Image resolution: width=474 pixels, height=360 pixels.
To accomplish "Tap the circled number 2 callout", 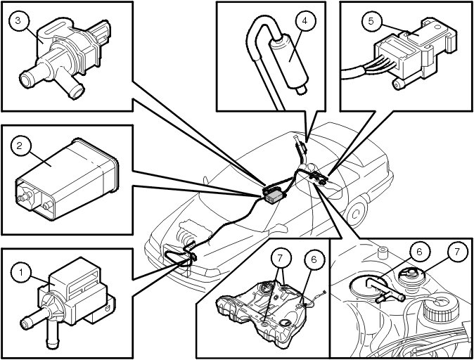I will [22, 146].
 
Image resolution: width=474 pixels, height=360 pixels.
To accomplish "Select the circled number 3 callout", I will [19, 20].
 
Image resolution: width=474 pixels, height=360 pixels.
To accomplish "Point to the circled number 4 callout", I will [305, 21].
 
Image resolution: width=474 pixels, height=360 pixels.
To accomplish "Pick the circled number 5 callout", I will [370, 21].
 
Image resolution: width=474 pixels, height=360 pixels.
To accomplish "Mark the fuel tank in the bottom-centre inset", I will [260, 309].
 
